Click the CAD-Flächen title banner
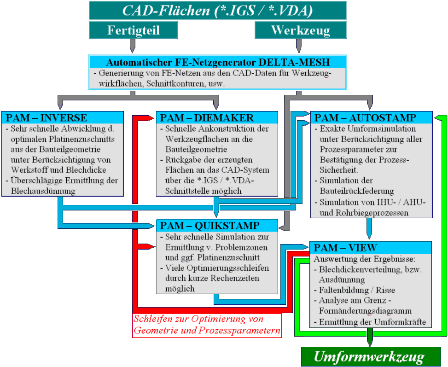point(217,11)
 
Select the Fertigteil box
point(133,30)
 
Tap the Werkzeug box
point(300,30)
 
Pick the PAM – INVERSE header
point(62,117)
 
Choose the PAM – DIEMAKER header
point(217,117)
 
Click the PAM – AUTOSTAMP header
point(372,117)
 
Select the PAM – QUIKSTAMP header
point(217,225)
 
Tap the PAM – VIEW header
point(371,247)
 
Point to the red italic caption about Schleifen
point(207,325)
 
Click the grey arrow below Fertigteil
point(133,45)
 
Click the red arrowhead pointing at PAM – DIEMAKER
point(150,118)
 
